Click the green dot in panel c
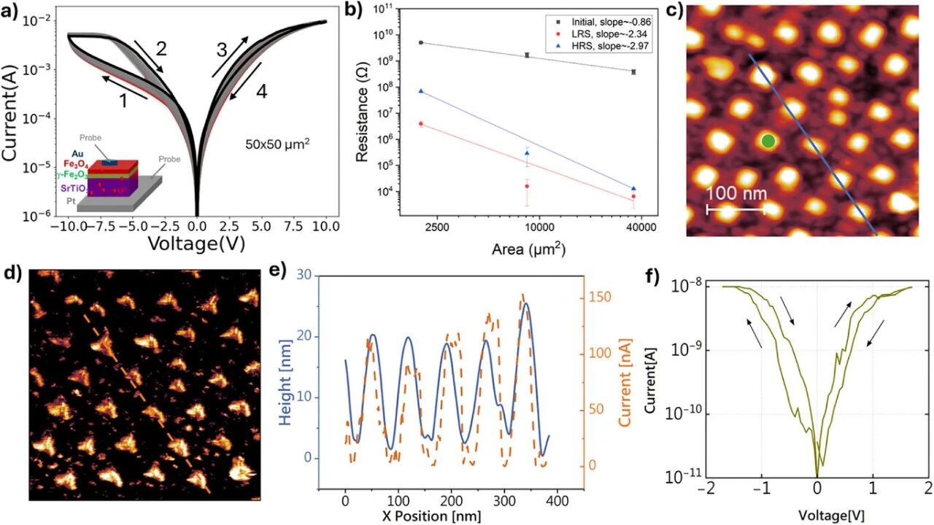(x=768, y=141)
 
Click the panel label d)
(x=13, y=275)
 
